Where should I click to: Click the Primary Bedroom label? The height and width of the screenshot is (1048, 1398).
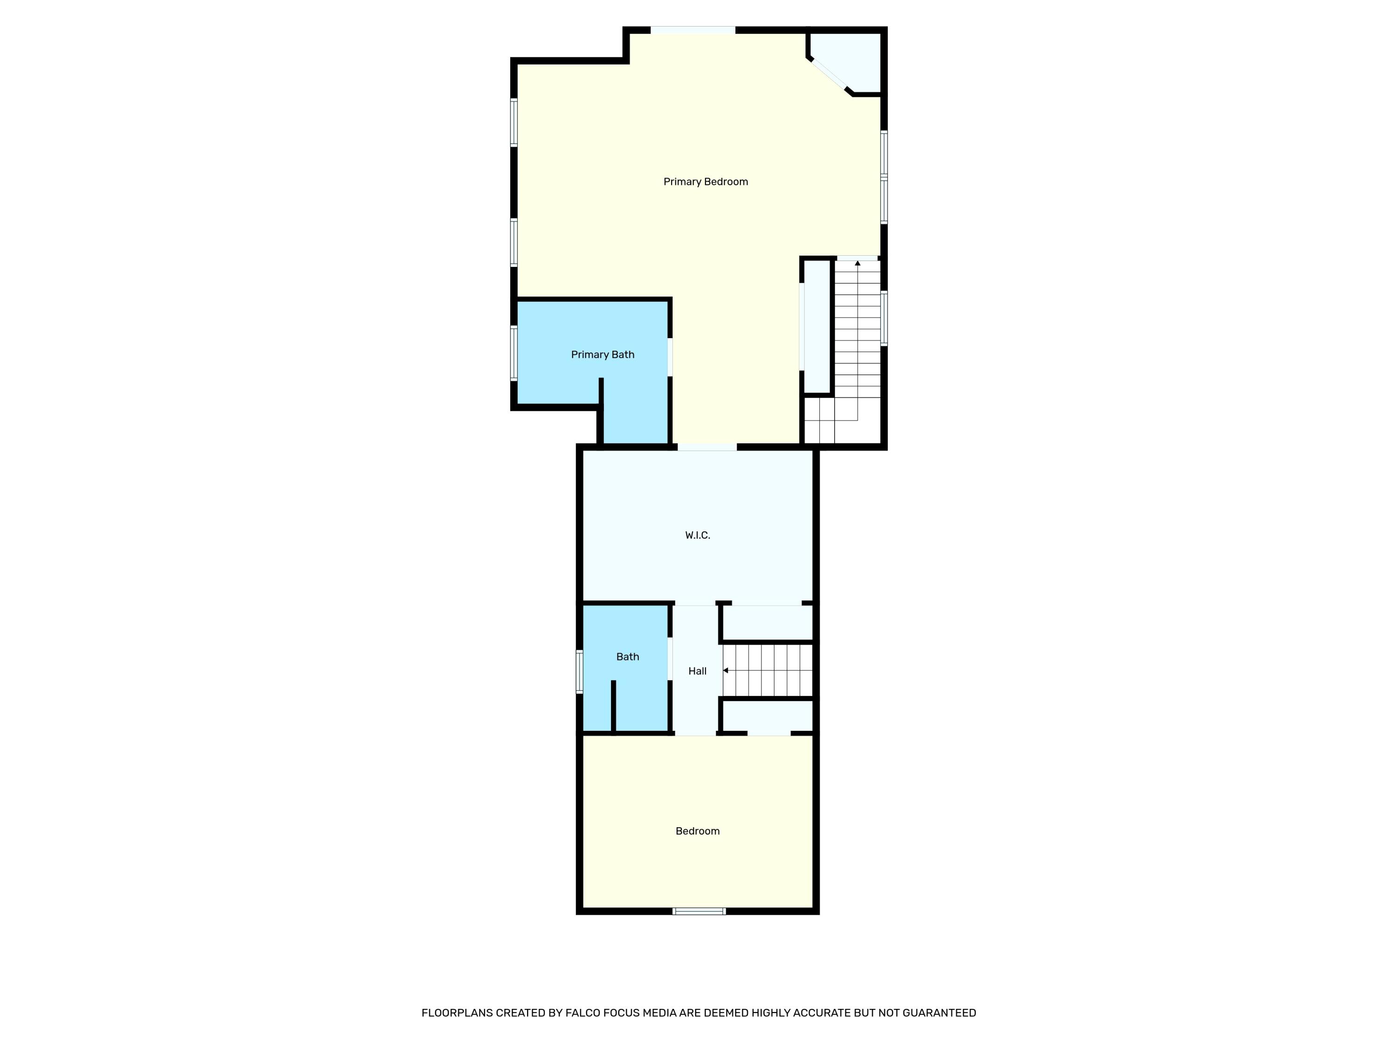pyautogui.click(x=706, y=182)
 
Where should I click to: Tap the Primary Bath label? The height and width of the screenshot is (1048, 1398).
pyautogui.click(x=602, y=355)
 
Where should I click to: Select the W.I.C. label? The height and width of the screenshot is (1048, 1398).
pyautogui.click(x=697, y=536)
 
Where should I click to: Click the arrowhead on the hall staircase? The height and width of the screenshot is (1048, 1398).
pyautogui.click(x=726, y=670)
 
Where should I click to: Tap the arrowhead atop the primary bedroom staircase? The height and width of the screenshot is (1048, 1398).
pyautogui.click(x=857, y=263)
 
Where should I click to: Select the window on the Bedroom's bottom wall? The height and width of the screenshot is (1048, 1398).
pyautogui.click(x=699, y=911)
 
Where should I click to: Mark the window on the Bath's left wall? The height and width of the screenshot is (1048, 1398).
pyautogui.click(x=579, y=672)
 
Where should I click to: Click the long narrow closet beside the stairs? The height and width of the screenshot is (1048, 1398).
pyautogui.click(x=816, y=327)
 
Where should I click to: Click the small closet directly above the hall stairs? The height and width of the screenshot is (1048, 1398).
pyautogui.click(x=767, y=623)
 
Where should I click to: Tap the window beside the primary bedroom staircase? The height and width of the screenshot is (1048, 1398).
pyautogui.click(x=884, y=318)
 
